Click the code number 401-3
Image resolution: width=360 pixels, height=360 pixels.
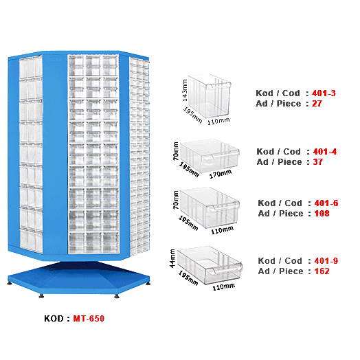[x=324, y=92]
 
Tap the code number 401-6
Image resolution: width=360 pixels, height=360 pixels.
[x=326, y=203]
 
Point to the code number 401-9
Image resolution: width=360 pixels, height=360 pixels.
[x=326, y=260]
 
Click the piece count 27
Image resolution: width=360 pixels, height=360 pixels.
[x=317, y=103]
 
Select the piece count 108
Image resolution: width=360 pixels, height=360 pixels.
[x=321, y=214]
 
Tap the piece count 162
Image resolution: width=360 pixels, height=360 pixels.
[x=321, y=271]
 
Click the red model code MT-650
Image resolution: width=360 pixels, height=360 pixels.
[x=89, y=319]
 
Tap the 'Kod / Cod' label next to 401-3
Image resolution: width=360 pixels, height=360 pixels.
[x=278, y=92]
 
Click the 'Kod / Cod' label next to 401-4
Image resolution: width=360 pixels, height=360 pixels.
[x=279, y=151]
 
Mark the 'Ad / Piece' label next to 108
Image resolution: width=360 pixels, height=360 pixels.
[x=280, y=214]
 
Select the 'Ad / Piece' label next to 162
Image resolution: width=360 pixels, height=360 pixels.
[x=280, y=271]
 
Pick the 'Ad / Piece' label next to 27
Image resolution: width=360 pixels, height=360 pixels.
[x=278, y=103]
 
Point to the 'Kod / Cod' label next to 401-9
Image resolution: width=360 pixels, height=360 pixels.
[x=280, y=260]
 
